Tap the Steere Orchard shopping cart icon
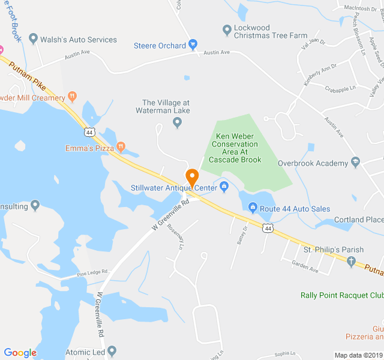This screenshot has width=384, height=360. (193, 44)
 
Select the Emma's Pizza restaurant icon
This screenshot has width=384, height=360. (121, 146)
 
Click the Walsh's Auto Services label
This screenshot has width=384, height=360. (78, 40)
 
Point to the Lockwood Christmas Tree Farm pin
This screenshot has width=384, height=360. (227, 29)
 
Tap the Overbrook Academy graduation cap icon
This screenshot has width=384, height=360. (356, 163)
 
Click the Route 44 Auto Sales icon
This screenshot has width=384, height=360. (253, 208)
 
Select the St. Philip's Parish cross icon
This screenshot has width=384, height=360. (352, 260)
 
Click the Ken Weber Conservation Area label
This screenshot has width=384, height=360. (233, 144)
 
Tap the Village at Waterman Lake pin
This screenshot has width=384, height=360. (177, 123)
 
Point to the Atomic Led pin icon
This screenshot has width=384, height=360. (112, 351)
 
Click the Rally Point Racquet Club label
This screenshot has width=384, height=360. (341, 295)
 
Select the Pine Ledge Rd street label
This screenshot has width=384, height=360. (92, 274)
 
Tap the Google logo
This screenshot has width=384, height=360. (20, 352)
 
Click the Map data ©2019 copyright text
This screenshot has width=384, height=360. (358, 355)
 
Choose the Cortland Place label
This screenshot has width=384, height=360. (358, 220)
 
